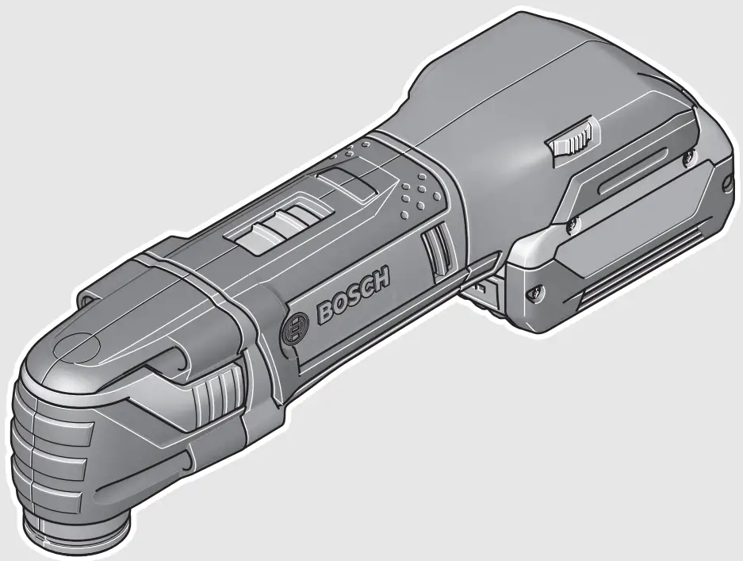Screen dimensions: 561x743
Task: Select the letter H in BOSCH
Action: tap(382, 279)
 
